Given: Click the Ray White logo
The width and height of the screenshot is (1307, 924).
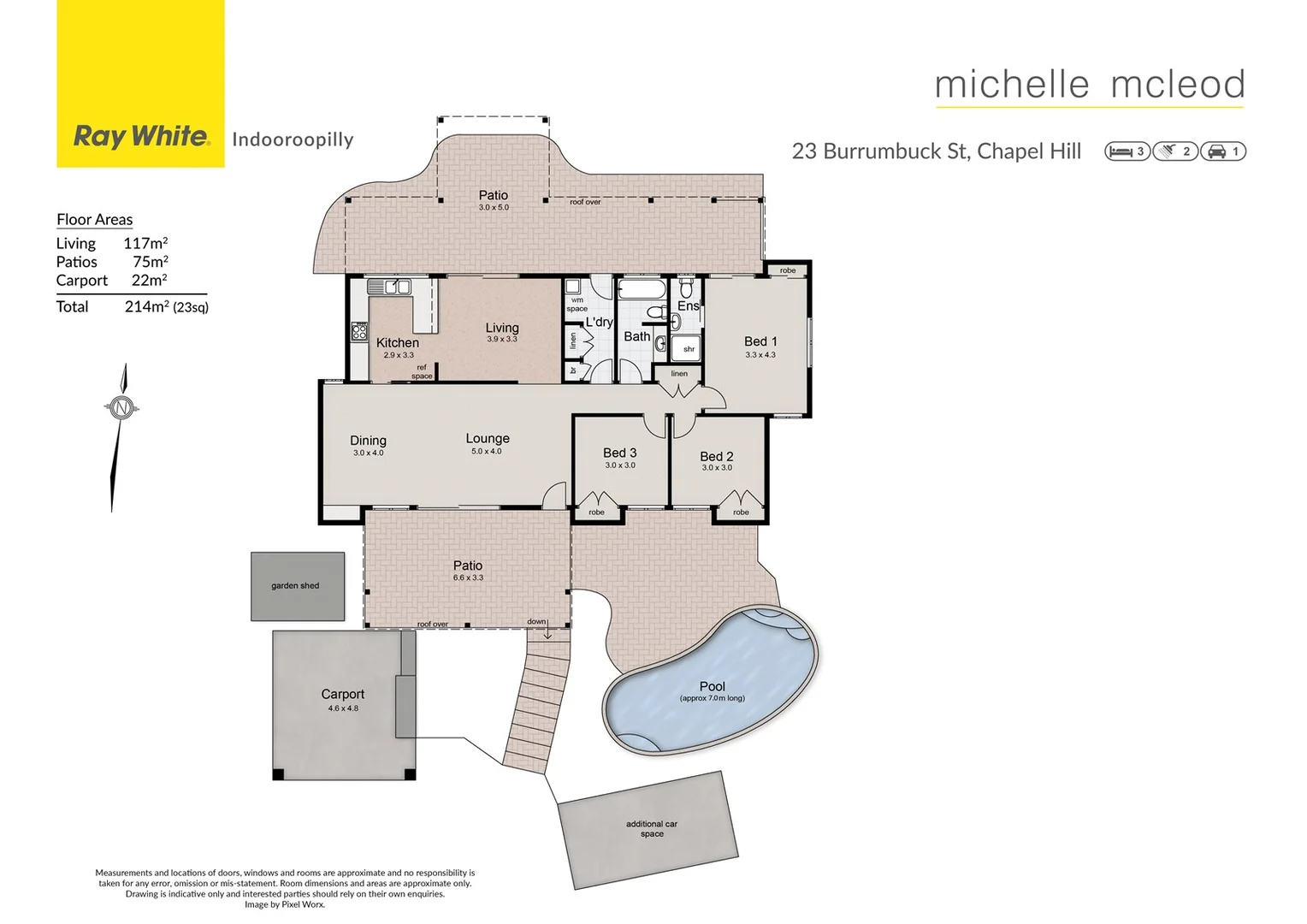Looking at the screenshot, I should coord(141,136).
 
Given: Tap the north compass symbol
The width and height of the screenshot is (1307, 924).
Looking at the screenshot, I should coord(121,408).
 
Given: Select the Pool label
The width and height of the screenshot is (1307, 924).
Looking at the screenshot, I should coord(712,686).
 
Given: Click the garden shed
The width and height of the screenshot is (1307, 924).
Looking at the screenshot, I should coord(297,586).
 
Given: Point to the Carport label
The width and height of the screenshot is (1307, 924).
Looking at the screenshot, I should coord(342,695).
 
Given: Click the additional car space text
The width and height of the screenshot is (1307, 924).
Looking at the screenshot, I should coord(651,828).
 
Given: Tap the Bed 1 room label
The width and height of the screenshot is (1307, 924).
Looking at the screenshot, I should coord(760,341).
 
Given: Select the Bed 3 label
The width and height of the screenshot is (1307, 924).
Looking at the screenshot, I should coord(619,453).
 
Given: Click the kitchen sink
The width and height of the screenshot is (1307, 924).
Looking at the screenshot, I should coord(390,287).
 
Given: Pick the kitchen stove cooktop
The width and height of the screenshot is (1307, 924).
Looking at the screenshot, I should coord(359,331).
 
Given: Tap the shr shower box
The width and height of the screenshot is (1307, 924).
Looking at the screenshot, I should coord(688,348).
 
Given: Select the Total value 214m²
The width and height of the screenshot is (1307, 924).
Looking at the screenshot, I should coord(146,306).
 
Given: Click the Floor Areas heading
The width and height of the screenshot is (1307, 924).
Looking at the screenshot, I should coord(94,220).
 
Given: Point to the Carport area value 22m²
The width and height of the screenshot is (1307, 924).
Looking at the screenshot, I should coord(149,281).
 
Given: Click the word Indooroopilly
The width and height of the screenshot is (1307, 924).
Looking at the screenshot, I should coord(293,139).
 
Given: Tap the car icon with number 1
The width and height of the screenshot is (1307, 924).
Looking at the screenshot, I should coord(1223,151).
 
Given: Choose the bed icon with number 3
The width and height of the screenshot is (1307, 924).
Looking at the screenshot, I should coord(1127,151).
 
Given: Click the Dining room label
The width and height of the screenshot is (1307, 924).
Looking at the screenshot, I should coord(368,441).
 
